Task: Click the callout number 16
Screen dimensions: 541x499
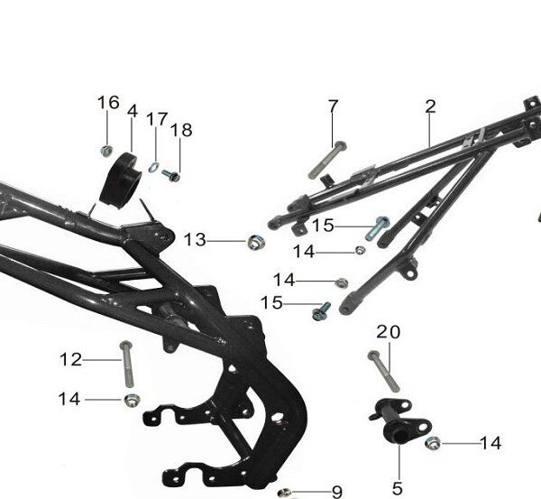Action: point(108,103)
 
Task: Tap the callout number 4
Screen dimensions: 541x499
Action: point(133,111)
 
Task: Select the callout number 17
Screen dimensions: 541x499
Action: point(157,119)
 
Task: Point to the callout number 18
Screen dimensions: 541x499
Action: point(181,130)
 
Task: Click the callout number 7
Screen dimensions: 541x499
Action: point(333,106)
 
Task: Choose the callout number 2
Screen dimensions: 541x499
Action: point(430,106)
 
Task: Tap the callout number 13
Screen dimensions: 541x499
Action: point(195,240)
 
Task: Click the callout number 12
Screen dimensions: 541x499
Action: point(70,359)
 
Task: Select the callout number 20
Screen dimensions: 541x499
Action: point(388,332)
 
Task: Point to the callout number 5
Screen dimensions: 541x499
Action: point(398,489)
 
